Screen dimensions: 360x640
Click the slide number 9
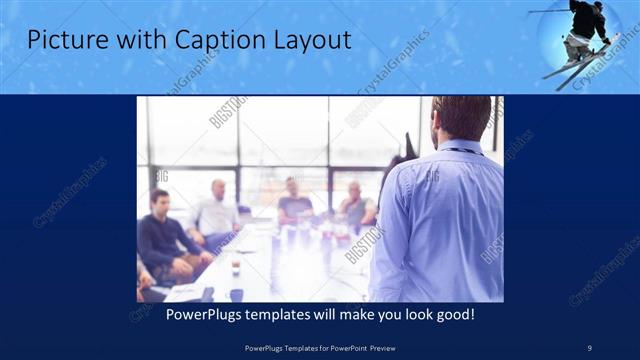pos(590,347)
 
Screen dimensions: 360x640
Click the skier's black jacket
pos(588,20)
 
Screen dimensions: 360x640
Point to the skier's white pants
pos(577,45)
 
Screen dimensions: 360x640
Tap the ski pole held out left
pos(548,11)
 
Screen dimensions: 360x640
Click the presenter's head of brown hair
pos(462,115)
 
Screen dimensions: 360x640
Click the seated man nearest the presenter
pos(355,206)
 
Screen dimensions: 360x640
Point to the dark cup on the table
pos(234,264)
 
